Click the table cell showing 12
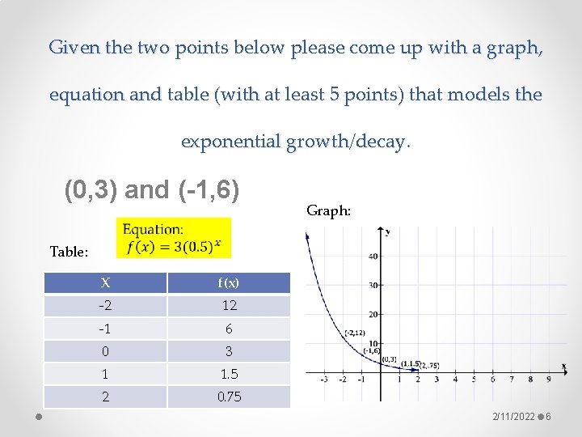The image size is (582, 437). click(228, 306)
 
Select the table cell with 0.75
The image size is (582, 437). click(228, 397)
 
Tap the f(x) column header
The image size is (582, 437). click(228, 283)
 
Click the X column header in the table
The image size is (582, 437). click(105, 283)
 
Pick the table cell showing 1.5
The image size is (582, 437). click(228, 374)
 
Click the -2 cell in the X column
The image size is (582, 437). click(105, 306)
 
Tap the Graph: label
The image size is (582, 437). click(328, 211)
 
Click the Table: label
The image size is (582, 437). click(69, 252)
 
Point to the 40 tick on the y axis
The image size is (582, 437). click(373, 257)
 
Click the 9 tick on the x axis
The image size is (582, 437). click(549, 379)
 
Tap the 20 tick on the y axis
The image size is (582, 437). click(373, 314)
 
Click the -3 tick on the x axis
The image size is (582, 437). click(324, 379)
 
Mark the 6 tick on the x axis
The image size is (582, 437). click(492, 379)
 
